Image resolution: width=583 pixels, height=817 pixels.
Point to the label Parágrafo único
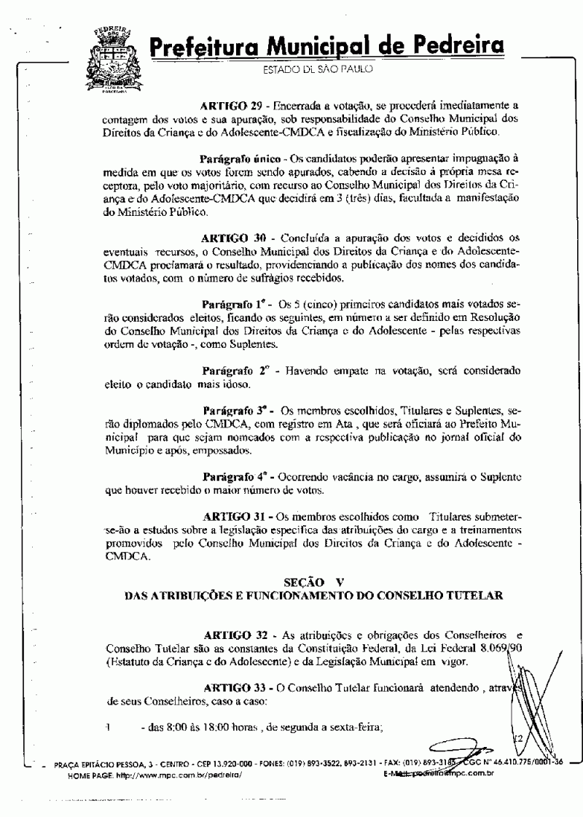pos(240,158)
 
